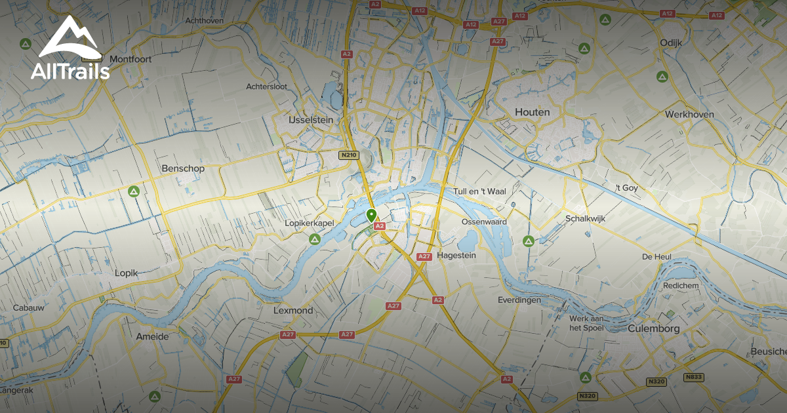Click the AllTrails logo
click(70, 49)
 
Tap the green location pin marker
click(371, 215)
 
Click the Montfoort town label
click(131, 59)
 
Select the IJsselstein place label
click(310, 120)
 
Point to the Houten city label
click(532, 112)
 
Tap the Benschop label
click(183, 168)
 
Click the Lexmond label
click(293, 310)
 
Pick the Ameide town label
click(152, 336)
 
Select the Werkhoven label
click(689, 114)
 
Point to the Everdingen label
click(519, 300)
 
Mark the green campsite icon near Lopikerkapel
click(315, 241)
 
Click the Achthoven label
click(205, 20)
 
